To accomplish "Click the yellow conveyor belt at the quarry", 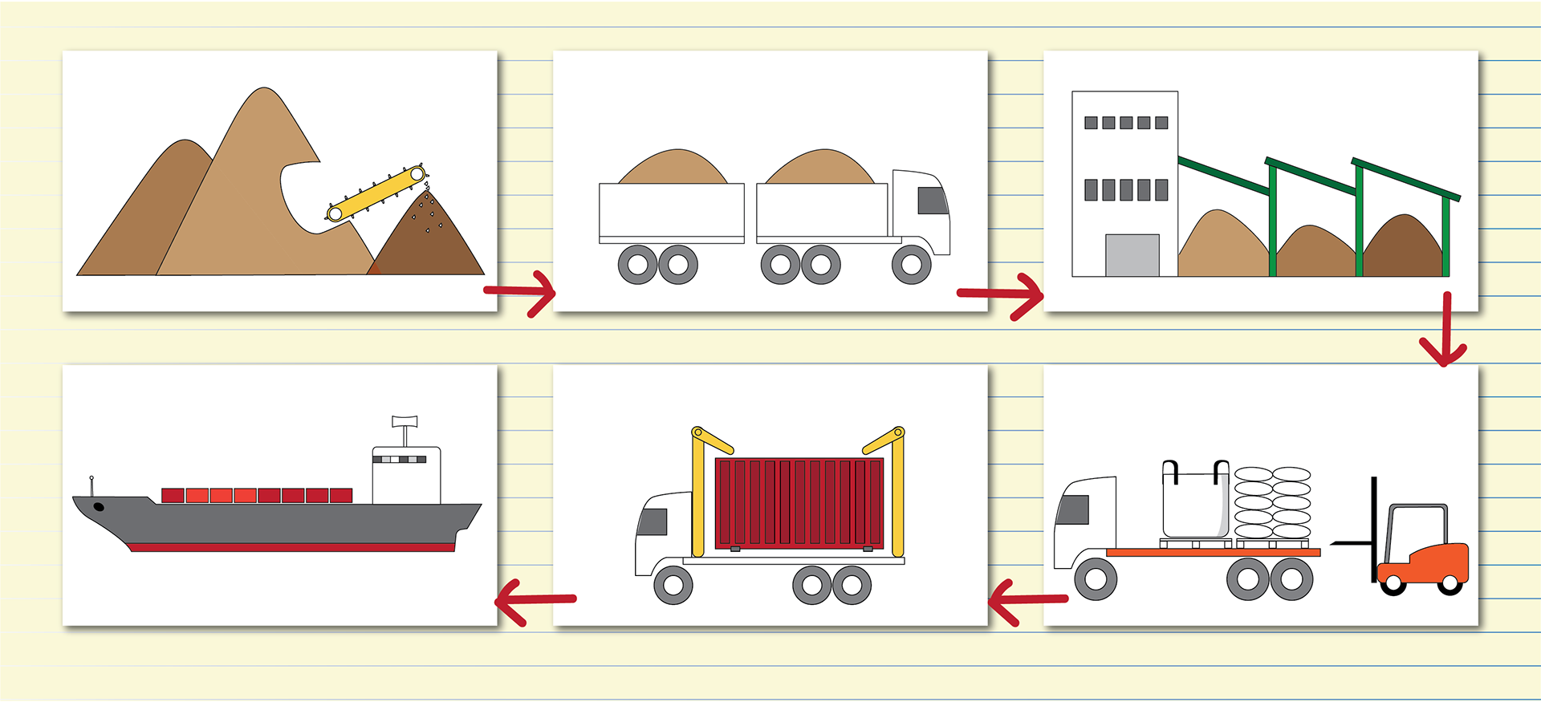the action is tap(376, 193).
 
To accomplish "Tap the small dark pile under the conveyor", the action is tap(429, 241).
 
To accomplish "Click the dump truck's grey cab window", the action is tap(932, 201).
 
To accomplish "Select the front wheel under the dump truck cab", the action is tap(911, 264).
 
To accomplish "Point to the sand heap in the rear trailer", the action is tap(673, 168).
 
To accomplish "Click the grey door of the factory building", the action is tap(1132, 255).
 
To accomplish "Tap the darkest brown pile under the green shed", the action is tap(1404, 248).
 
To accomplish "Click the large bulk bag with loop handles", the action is tap(1195, 501).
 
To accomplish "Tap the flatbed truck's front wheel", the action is tap(1095, 578).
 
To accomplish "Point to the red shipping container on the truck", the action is tap(799, 502).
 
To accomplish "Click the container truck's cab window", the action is tap(653, 522).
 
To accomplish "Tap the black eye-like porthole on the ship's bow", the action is tap(99, 506).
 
